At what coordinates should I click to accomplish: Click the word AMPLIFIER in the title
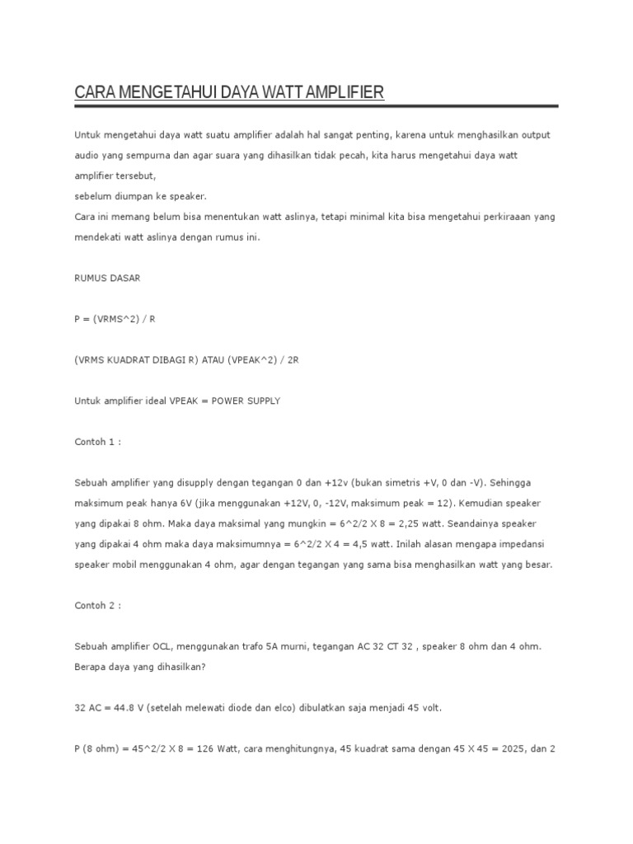click(345, 92)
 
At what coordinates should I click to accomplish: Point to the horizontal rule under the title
click(316, 105)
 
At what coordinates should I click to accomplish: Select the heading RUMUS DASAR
click(107, 278)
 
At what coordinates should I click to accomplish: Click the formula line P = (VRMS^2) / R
click(115, 318)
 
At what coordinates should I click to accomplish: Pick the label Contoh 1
click(97, 442)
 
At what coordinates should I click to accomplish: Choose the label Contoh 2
click(97, 605)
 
